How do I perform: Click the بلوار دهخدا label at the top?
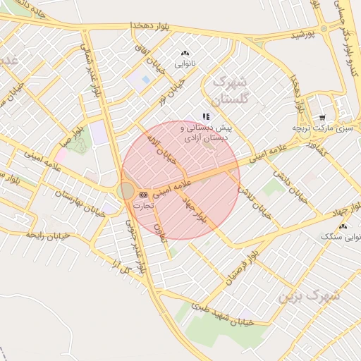[152, 25]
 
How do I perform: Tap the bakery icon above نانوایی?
[185, 53]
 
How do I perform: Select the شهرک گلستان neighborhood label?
[231, 90]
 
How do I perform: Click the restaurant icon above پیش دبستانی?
[206, 116]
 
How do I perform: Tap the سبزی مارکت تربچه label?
[322, 128]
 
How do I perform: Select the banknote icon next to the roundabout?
[143, 194]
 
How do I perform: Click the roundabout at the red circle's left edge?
[126, 190]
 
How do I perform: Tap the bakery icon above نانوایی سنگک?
[343, 227]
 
